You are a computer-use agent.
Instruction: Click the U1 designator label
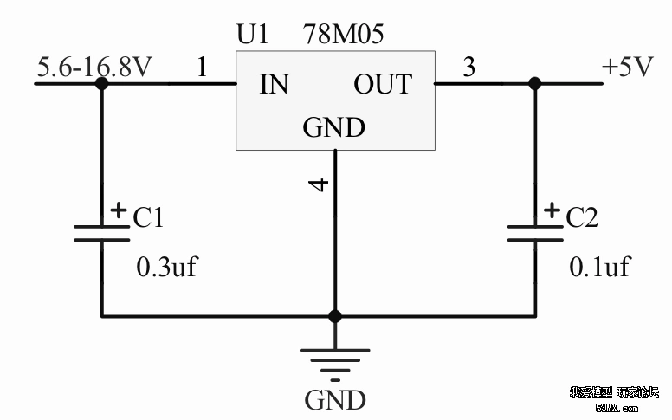[x=253, y=35]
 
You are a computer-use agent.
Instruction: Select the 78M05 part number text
[x=344, y=35]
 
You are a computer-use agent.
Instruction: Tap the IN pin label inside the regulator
[x=275, y=85]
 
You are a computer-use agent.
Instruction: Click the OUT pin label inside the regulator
[x=382, y=85]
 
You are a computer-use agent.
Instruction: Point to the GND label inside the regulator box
[x=333, y=128]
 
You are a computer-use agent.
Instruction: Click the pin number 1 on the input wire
[x=202, y=68]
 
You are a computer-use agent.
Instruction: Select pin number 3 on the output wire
[x=468, y=68]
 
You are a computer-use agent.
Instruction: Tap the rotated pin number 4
[x=319, y=184]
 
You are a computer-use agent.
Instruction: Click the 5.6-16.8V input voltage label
[x=94, y=67]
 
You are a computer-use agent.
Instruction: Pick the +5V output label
[x=627, y=68]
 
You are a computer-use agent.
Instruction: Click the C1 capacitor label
[x=148, y=217]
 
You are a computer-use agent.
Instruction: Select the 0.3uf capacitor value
[x=167, y=267]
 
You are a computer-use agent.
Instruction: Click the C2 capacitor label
[x=582, y=217]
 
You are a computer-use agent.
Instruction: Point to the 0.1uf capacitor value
[x=599, y=267]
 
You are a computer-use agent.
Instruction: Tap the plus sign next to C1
[x=119, y=210]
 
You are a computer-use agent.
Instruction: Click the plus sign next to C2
[x=552, y=210]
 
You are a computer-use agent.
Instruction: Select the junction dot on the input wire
[x=101, y=83]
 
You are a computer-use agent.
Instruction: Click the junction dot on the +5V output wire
[x=534, y=83]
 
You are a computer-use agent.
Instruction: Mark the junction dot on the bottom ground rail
[x=335, y=316]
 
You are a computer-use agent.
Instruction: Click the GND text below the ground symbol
[x=335, y=401]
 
